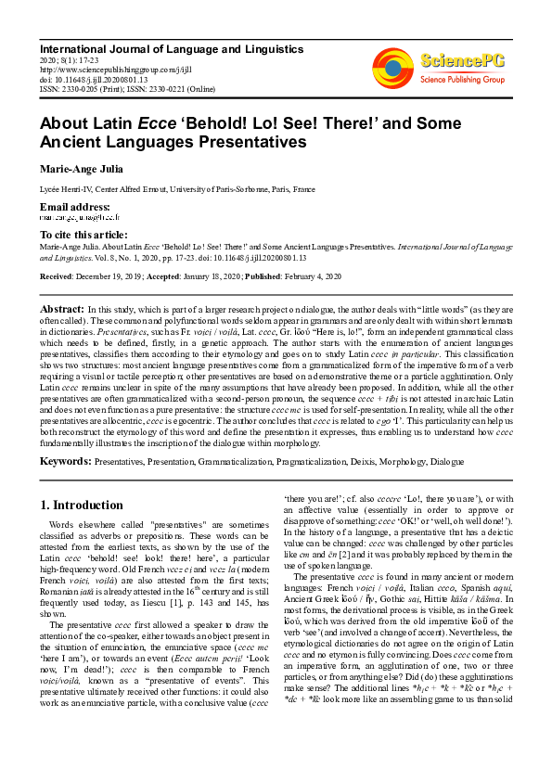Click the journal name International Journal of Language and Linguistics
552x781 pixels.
(x=158, y=46)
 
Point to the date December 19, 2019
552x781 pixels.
(x=110, y=275)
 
